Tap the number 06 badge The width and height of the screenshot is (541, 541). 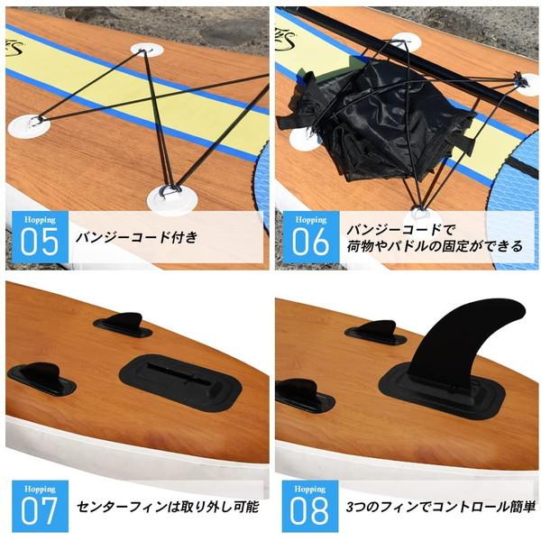pyautogui.click(x=309, y=241)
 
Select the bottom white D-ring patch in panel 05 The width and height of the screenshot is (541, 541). pyautogui.click(x=169, y=194)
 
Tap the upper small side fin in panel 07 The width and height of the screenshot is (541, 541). pyautogui.click(x=123, y=324)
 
